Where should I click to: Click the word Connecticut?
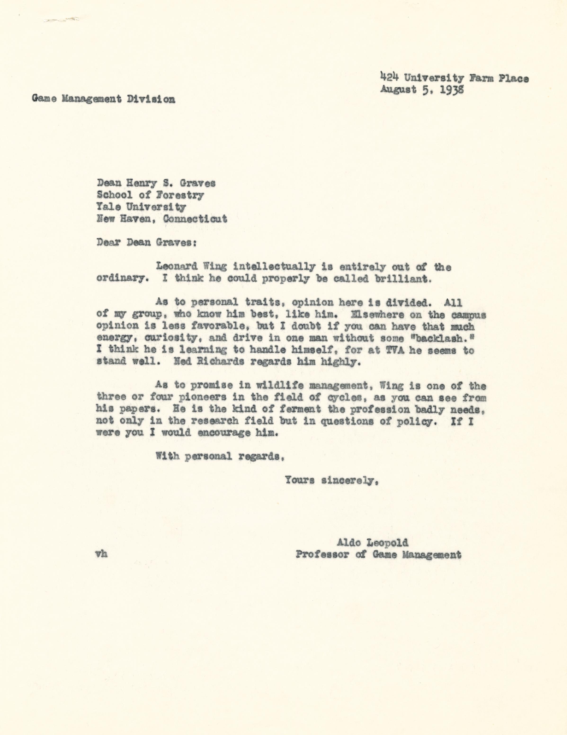(195, 219)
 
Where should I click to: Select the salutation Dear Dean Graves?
(146, 243)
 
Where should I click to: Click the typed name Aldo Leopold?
(373, 542)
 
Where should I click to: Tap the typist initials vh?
(101, 554)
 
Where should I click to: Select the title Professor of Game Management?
(378, 555)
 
